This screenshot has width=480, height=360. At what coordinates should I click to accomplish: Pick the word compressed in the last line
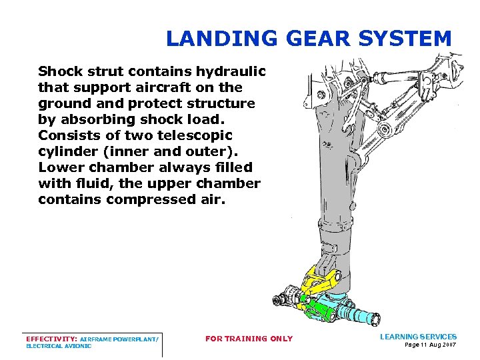pos(159,199)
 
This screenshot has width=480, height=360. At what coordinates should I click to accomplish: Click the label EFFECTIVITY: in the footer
pos(51,339)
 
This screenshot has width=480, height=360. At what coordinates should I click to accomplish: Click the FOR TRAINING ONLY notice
pos(249,339)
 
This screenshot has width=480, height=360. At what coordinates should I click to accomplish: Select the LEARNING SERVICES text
pos(418,337)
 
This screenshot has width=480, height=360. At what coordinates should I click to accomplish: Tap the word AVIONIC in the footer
pos(77,346)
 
